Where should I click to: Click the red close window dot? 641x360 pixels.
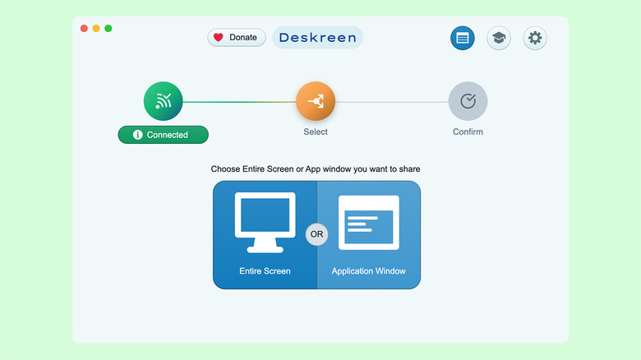tap(84, 29)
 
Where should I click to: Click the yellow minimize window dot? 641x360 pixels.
tap(96, 29)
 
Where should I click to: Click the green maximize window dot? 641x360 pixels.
tap(108, 29)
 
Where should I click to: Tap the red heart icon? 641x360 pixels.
tap(219, 37)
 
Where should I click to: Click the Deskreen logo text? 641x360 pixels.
tap(317, 37)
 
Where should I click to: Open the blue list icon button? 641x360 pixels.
tap(463, 38)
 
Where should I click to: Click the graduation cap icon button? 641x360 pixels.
tap(499, 38)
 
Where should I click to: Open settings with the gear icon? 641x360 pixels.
tap(535, 38)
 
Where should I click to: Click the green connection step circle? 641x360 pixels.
tap(163, 102)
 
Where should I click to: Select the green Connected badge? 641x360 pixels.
tap(163, 135)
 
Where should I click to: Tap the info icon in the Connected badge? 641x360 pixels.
tap(138, 135)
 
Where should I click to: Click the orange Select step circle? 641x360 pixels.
tap(316, 102)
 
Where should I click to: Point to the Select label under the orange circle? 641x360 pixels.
tap(316, 132)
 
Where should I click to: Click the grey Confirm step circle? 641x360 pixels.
tap(468, 102)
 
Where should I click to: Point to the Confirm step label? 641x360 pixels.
tap(468, 132)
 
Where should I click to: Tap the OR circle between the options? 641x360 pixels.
tap(316, 234)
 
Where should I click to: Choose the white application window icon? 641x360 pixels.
tap(368, 222)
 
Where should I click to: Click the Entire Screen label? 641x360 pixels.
tap(265, 270)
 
